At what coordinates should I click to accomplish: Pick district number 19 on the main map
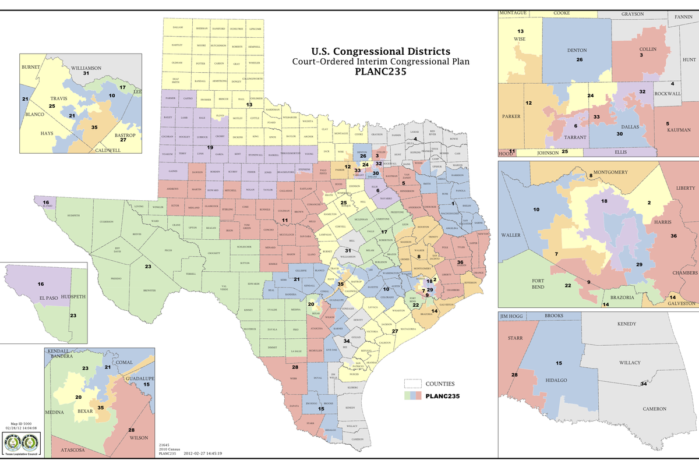pos(210,147)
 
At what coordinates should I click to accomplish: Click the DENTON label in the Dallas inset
pos(577,51)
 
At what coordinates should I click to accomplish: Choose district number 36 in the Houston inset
pos(673,236)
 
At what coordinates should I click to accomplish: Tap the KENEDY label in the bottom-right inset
pos(627,324)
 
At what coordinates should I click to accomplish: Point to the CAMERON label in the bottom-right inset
pos(654,409)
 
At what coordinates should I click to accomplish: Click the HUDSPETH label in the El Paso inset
pos(73,297)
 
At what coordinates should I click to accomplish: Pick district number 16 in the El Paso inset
pos(41,284)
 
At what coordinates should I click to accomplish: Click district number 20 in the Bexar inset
pos(78,397)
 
